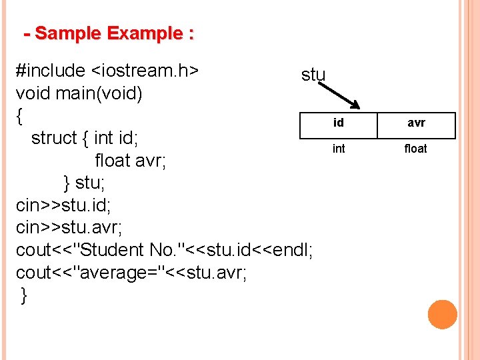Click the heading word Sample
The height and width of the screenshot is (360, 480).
coord(68,33)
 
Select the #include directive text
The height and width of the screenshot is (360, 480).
coord(51,71)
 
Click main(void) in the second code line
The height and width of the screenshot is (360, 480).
coord(99,93)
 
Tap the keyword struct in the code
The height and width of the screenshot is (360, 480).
coord(54,138)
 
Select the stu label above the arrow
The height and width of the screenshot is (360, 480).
coord(313,75)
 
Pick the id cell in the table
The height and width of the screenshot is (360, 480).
coord(339,123)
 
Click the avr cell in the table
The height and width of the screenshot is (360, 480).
coord(416,123)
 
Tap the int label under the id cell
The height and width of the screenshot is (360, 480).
coord(339,149)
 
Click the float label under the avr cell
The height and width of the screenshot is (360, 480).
coord(415,149)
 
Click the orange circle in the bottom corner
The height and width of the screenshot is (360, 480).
coord(442,314)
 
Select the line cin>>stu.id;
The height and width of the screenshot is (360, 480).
coord(63,205)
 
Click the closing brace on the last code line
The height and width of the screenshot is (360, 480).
coord(25,295)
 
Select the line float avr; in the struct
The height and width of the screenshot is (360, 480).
coord(131,161)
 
